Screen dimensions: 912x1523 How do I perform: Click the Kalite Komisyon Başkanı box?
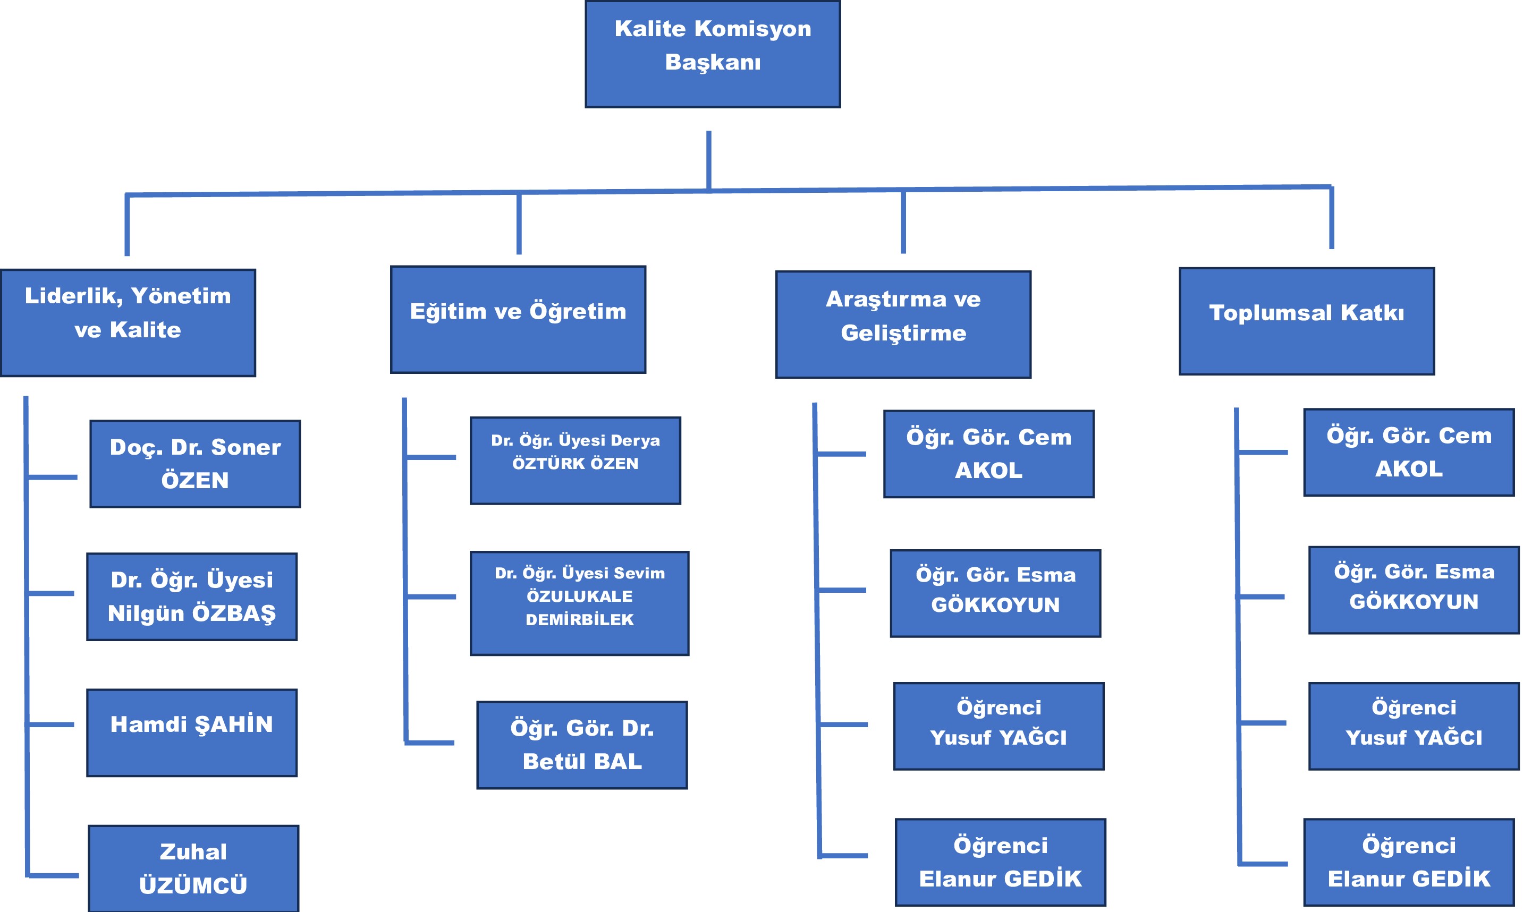point(712,54)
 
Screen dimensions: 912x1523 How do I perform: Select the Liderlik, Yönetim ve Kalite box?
point(128,322)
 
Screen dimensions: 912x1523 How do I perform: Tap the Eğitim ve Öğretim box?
point(518,320)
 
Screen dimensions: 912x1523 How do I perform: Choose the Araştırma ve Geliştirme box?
point(903,325)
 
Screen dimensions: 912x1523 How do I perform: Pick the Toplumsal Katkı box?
point(1306,321)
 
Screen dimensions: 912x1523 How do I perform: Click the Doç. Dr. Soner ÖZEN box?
point(195,464)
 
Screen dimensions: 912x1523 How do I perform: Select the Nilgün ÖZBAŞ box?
point(192,596)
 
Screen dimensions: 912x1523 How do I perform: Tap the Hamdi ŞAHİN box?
point(192,732)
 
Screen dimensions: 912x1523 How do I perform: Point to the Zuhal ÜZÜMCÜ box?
point(193,868)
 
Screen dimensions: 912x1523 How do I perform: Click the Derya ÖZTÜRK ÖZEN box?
point(575,461)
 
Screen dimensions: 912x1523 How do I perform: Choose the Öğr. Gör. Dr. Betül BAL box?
point(582,745)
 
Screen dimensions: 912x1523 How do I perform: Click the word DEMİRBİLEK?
point(579,619)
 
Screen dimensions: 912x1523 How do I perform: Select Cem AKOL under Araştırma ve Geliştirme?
point(989,454)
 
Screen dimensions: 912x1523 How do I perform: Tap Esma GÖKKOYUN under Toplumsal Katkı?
point(1414,590)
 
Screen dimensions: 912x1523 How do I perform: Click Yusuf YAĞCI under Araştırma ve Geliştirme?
point(999,726)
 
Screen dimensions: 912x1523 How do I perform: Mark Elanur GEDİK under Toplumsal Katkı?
point(1409,862)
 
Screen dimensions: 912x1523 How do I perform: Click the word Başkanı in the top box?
point(713,62)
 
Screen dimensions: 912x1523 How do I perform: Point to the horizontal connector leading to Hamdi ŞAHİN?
point(50,725)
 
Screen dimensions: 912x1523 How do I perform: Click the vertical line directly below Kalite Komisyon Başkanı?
point(709,160)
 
